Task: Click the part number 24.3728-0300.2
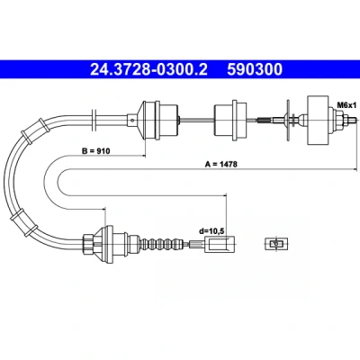point(148,69)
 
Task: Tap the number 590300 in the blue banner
point(255,69)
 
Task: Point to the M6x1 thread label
point(346,105)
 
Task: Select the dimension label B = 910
point(96,150)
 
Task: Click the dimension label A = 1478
point(221,164)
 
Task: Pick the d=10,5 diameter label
point(212,231)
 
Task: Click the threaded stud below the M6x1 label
point(351,119)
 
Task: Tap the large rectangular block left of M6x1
point(318,120)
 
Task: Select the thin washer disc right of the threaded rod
point(288,120)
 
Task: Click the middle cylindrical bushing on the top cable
point(229,120)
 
